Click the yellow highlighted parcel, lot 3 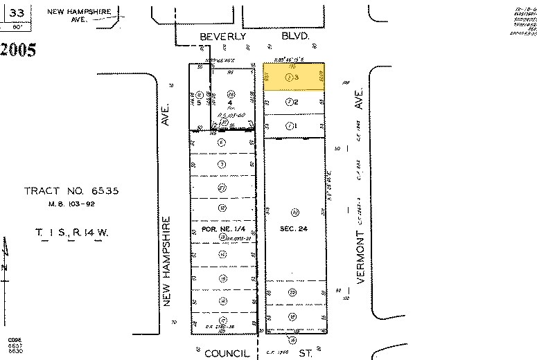coord(293,78)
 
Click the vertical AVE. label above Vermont coord(359,104)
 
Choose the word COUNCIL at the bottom coord(226,353)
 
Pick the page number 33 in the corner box coord(19,12)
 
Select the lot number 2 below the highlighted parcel coord(297,102)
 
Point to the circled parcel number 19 coord(292,316)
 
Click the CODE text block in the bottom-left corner coord(15,344)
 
